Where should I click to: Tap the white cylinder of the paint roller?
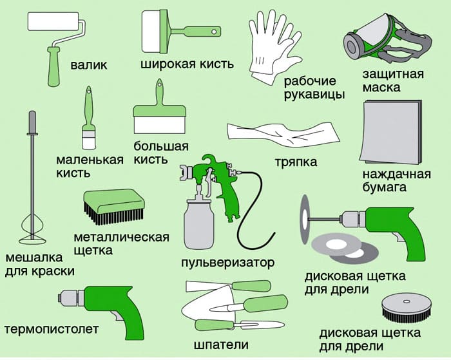55,22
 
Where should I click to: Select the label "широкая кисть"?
187,64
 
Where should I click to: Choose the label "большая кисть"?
161,152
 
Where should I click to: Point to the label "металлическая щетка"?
130,243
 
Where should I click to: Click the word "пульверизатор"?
228,263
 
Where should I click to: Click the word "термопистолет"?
52,330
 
